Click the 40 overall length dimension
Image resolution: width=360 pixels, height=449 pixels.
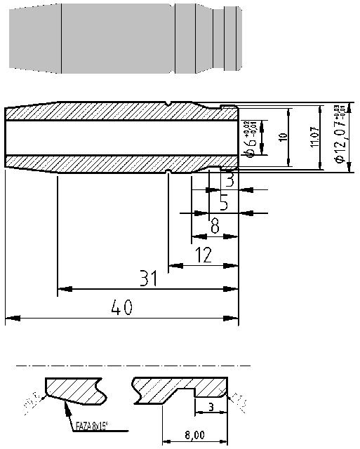(x=122, y=307)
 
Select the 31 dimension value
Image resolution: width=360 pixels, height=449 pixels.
(x=147, y=279)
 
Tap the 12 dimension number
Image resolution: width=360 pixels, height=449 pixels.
(x=204, y=256)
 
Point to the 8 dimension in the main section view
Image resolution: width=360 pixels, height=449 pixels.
(x=214, y=227)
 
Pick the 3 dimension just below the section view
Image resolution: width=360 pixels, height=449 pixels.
(x=230, y=180)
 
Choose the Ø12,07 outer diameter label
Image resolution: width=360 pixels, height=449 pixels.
(x=339, y=137)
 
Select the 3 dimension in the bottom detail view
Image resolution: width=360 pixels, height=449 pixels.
(x=211, y=407)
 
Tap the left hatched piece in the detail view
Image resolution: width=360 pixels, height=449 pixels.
(x=74, y=390)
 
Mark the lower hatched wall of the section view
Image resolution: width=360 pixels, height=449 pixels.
(x=105, y=162)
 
